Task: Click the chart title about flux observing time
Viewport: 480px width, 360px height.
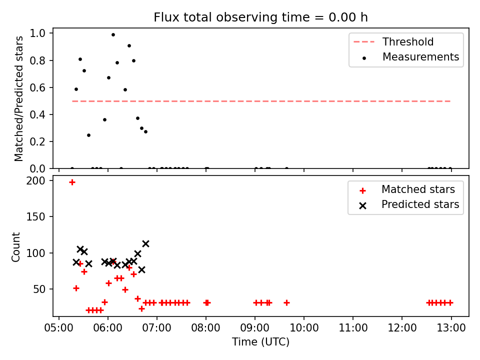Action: coord(260,17)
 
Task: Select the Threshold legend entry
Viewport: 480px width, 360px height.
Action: coord(393,41)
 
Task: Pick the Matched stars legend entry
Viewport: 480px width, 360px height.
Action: coord(407,189)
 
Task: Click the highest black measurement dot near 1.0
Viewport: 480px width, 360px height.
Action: coord(113,35)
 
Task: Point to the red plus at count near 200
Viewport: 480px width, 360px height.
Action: coord(72,182)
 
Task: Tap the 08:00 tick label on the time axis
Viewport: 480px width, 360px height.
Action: coord(205,328)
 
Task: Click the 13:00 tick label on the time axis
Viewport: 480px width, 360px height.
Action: coord(451,328)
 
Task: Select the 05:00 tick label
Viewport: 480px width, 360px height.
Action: coord(59,328)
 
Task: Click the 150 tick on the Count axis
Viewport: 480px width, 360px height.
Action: coord(36,216)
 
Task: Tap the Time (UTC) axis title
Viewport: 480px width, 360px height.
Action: coord(260,341)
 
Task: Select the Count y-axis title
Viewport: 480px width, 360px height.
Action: coord(15,247)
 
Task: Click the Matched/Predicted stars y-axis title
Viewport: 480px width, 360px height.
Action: coord(18,98)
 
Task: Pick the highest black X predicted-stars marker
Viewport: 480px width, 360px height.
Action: coord(145,243)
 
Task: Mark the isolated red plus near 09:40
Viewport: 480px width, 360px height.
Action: coord(287,303)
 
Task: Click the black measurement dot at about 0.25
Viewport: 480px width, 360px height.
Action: coord(89,135)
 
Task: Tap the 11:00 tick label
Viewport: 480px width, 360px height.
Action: coord(353,328)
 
